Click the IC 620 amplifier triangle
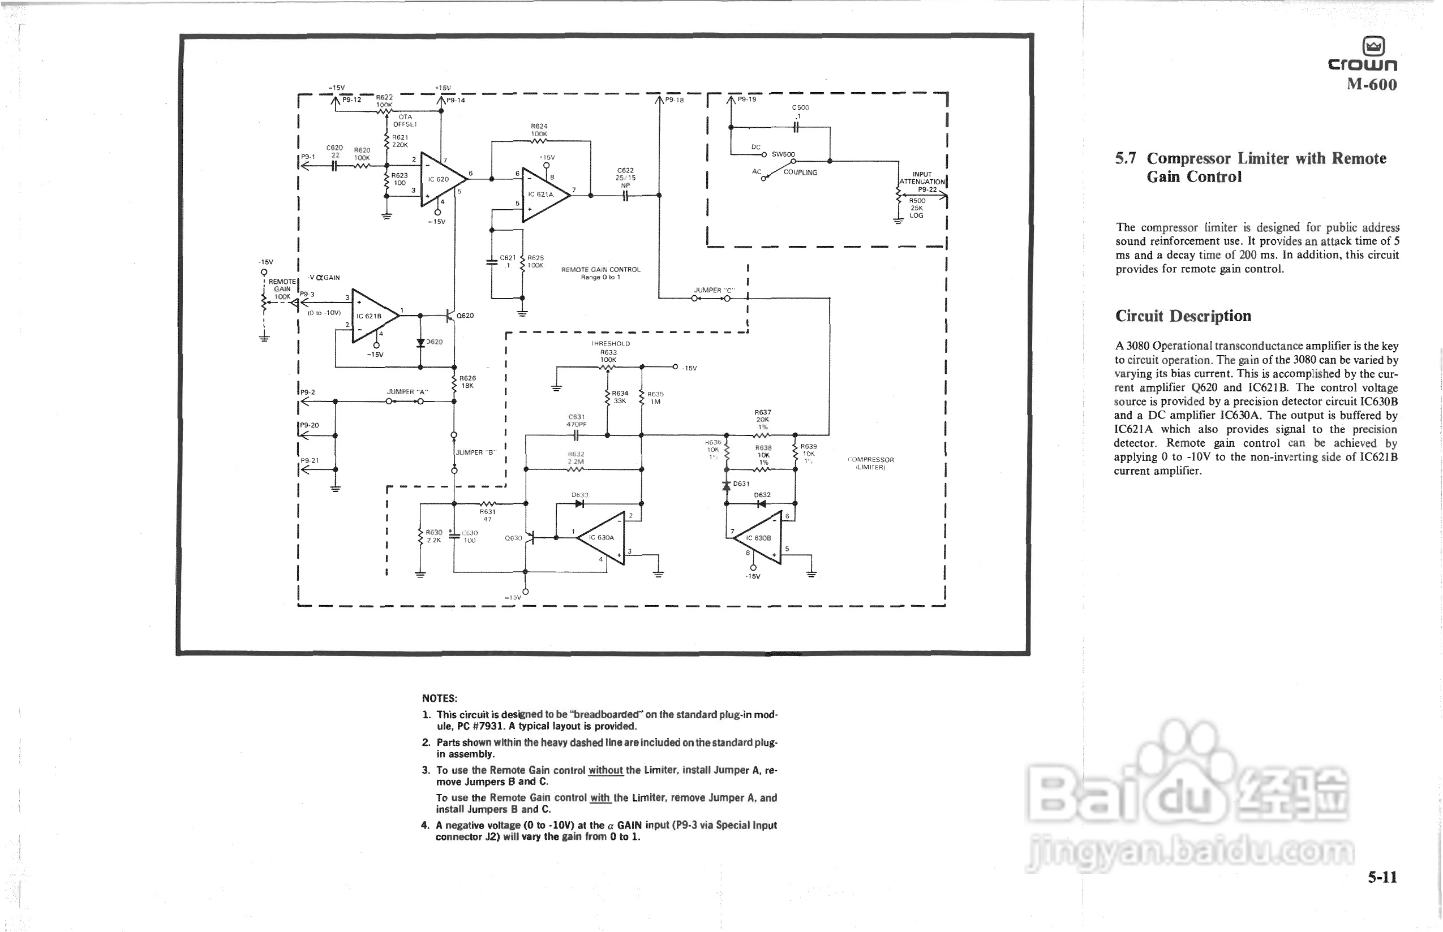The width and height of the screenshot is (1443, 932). click(441, 179)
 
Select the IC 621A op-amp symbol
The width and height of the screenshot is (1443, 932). click(543, 195)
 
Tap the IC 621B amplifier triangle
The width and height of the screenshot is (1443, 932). click(372, 316)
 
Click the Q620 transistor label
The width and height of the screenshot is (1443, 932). click(465, 316)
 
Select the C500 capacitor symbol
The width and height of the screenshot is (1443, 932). click(797, 127)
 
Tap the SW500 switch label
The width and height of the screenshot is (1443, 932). click(783, 154)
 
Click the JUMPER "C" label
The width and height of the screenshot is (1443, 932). click(712, 291)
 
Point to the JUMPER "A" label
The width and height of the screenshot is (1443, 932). click(407, 392)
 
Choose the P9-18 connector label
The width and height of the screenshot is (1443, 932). click(675, 101)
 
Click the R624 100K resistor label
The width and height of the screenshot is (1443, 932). click(539, 130)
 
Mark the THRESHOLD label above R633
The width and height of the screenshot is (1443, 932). click(611, 344)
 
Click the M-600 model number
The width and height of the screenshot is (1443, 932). click(1372, 84)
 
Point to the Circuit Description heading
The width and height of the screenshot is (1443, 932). click(1183, 316)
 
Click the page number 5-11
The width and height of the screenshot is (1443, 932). click(1382, 877)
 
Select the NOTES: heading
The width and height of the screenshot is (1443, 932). click(440, 698)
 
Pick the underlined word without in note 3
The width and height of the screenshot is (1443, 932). click(605, 770)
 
